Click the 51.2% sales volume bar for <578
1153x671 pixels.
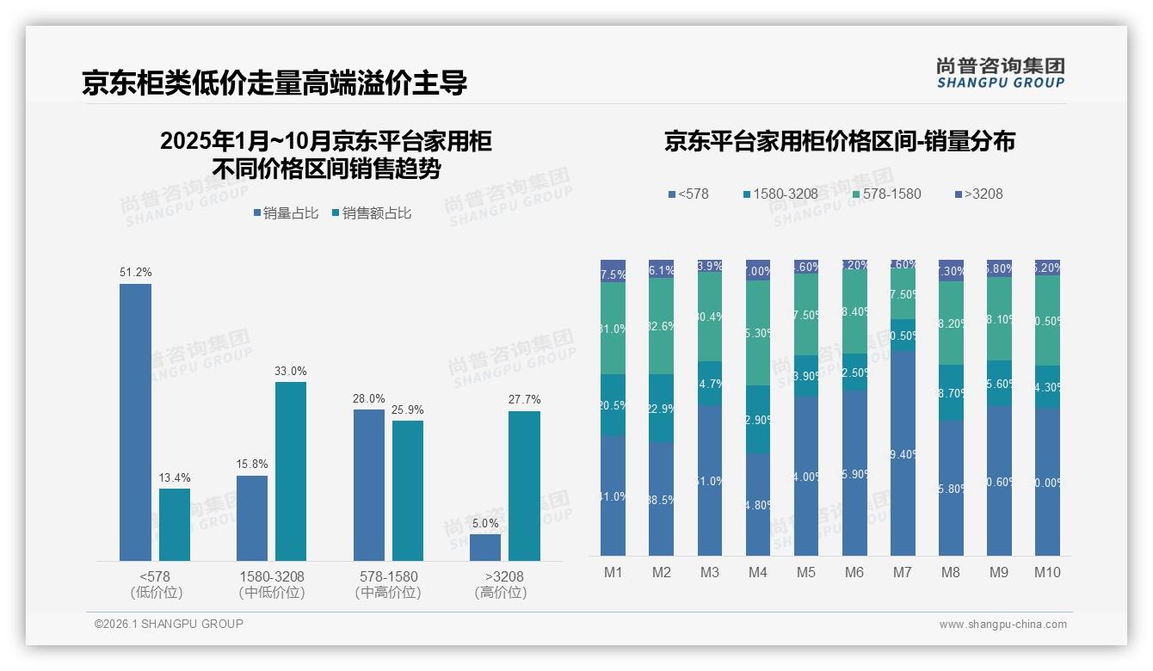(x=135, y=422)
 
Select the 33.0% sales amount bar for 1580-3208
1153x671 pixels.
(x=291, y=471)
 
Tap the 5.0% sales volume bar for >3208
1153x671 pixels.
(x=485, y=547)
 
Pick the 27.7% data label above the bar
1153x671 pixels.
(x=524, y=400)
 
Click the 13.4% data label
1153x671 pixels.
(x=175, y=477)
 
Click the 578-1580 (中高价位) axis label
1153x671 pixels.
(x=387, y=584)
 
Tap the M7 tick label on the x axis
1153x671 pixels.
(x=903, y=572)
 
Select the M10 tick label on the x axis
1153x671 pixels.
(x=1047, y=572)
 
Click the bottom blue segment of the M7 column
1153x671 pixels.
(x=903, y=452)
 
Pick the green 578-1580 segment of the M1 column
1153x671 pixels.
(x=613, y=328)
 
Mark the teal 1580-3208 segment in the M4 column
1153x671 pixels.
(x=758, y=419)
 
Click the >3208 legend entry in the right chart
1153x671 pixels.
(x=978, y=194)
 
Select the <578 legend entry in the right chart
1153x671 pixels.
(x=688, y=194)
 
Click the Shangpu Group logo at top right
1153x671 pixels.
(x=1000, y=73)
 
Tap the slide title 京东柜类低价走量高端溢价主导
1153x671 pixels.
(x=274, y=83)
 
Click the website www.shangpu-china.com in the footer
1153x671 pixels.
(x=1002, y=625)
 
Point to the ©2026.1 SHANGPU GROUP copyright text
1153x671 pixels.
(x=169, y=624)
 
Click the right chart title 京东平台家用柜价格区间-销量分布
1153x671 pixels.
(x=839, y=141)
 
